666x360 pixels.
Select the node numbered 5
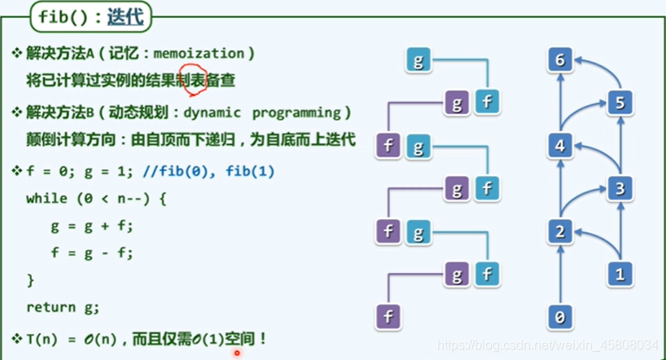620,103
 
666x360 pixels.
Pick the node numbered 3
620,189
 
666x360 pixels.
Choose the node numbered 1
620,275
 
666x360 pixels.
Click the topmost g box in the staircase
418,60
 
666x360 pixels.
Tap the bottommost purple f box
388,316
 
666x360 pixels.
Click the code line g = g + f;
91,226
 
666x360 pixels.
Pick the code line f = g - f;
91,252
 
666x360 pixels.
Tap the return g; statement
63,307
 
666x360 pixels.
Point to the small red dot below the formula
237,353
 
